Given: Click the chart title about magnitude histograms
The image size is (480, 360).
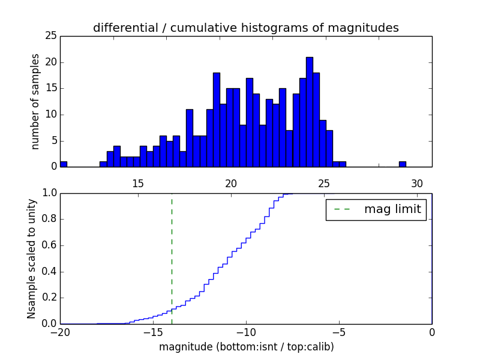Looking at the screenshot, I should point(245,28).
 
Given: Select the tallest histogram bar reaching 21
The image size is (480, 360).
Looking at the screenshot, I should point(309,112).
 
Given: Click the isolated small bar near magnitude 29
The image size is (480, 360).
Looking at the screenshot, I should point(402,164).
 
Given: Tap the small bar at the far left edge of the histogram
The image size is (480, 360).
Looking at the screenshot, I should point(64,164).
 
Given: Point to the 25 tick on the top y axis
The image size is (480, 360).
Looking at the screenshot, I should point(51,36).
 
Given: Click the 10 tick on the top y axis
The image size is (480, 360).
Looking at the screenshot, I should point(51,115).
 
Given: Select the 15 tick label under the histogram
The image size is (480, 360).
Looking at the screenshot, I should point(138,183).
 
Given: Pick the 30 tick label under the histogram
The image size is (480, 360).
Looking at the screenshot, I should point(418,183).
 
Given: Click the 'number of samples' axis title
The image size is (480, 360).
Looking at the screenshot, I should point(35,101).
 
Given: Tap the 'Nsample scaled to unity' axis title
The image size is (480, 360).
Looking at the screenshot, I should point(31,258).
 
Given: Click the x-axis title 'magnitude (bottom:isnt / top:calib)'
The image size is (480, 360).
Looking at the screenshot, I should point(246,347).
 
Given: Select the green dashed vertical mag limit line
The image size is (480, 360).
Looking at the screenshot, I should point(172,252).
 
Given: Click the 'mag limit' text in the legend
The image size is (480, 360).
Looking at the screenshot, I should point(392,209).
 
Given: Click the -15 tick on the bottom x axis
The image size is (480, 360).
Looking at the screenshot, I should point(153,332).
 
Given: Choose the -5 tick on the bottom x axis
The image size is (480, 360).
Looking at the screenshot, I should point(339,332).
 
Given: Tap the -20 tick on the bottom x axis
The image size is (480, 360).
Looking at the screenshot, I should point(60,332).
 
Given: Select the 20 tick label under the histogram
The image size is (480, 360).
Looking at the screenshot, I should point(231,183).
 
